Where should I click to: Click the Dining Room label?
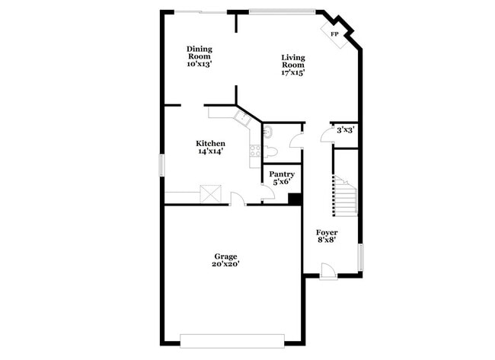(199, 52)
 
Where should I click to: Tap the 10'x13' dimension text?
(199, 65)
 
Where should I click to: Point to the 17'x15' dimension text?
(293, 73)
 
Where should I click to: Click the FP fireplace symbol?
(335, 33)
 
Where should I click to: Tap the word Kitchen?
(210, 143)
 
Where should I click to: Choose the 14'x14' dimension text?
(210, 151)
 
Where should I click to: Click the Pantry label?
(283, 174)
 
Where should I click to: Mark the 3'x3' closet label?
(345, 130)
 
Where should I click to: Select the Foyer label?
(327, 232)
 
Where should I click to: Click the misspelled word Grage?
(225, 256)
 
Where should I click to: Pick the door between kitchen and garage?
(238, 200)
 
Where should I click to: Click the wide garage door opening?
(232, 339)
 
